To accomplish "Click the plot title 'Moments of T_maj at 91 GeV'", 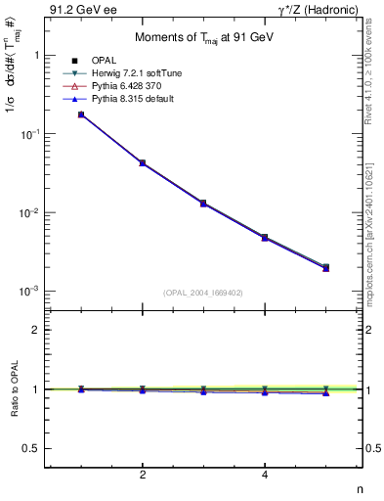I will point(203,38).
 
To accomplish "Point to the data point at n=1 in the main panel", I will point(81,114).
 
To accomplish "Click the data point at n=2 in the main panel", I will point(143,162).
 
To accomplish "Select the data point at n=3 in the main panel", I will point(203,203).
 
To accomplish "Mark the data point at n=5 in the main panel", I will point(325,267).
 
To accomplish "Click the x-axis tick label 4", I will point(265,477).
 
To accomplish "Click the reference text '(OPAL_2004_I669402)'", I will point(203,292).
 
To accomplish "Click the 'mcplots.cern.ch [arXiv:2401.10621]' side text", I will point(374,225).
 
